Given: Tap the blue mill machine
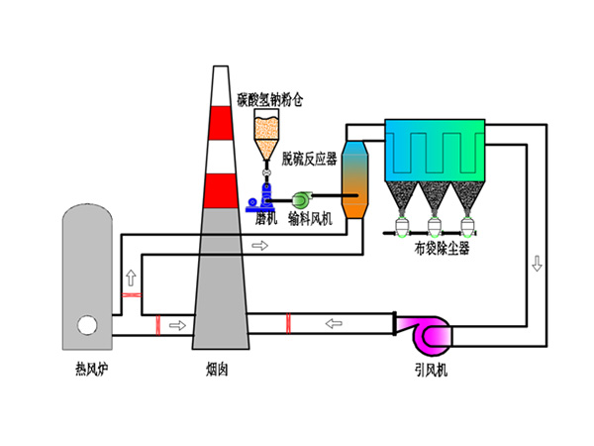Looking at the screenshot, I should pyautogui.click(x=265, y=193).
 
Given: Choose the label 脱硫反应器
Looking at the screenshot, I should pyautogui.click(x=310, y=158).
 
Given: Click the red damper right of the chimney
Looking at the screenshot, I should pyautogui.click(x=287, y=323).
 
